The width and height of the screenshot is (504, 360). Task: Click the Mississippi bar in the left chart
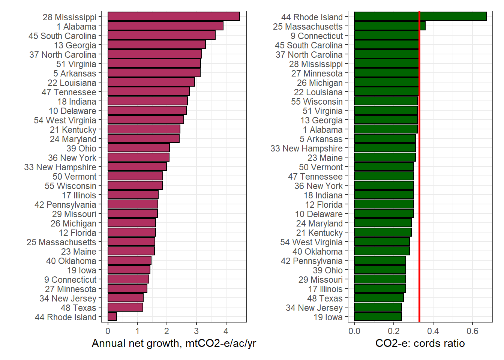point(174,16)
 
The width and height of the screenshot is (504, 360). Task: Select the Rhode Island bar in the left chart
point(112,316)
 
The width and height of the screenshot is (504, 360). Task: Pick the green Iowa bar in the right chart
point(378,316)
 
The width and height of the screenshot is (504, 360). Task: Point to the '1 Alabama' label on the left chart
point(76,27)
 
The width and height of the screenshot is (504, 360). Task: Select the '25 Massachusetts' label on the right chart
point(307,27)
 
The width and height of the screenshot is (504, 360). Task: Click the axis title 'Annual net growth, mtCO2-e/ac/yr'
point(174,343)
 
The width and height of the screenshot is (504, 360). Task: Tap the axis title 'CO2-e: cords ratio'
point(420,343)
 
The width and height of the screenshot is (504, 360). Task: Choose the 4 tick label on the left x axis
point(226,331)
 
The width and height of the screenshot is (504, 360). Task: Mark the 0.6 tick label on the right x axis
point(472,331)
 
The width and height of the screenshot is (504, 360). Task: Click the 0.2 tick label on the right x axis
point(394,331)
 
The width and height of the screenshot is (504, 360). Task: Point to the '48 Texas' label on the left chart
point(78,308)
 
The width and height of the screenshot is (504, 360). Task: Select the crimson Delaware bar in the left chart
point(147,110)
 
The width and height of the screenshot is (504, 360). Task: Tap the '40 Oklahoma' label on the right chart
point(317,252)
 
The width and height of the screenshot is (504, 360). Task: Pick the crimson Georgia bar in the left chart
point(156,45)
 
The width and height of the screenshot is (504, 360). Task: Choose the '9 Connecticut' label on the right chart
point(316,36)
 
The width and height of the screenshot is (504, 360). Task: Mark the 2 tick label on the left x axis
point(167,331)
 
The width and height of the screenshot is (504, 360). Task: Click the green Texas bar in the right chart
point(379,298)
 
